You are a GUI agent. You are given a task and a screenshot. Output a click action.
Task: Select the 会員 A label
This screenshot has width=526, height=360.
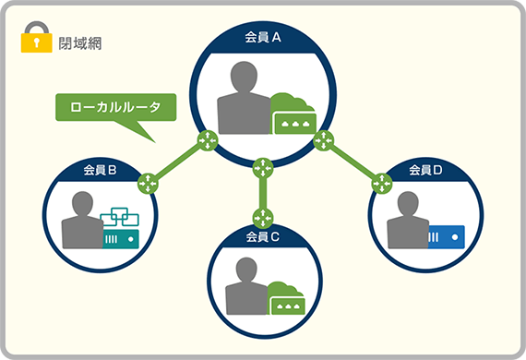pos(262,38)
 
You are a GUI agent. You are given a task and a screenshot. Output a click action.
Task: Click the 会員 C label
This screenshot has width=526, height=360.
pos(263,237)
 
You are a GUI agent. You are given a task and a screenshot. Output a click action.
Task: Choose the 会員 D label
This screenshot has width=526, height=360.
pos(425,170)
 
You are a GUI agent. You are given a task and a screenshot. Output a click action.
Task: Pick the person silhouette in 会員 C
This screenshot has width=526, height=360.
pos(245,284)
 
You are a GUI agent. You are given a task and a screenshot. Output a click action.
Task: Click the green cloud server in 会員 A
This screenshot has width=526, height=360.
pos(293,115)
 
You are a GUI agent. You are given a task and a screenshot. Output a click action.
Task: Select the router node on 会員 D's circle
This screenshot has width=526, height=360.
pos(379,183)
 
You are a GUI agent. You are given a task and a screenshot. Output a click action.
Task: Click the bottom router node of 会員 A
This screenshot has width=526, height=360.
pos(263,167)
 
